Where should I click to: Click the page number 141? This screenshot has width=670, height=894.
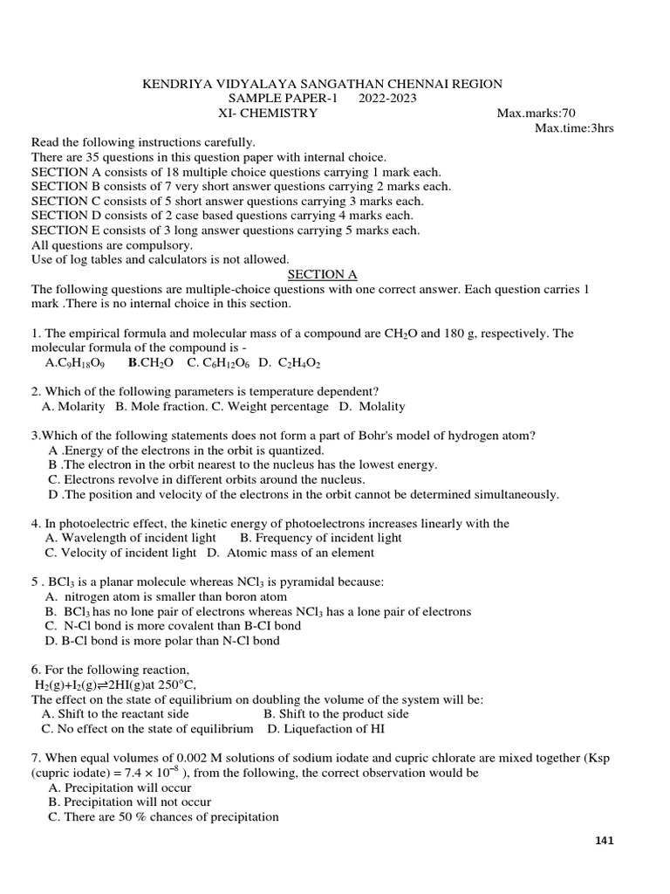[605, 841]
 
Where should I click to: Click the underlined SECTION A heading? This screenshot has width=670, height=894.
[323, 274]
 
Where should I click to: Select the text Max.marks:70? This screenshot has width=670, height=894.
[536, 113]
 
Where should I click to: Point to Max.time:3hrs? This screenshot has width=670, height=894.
[574, 127]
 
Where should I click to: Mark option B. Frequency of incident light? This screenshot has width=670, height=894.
[320, 538]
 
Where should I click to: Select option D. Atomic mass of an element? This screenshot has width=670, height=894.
[291, 553]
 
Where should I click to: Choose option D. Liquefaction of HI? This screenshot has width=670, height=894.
[325, 729]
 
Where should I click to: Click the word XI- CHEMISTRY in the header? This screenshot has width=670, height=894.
[268, 113]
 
